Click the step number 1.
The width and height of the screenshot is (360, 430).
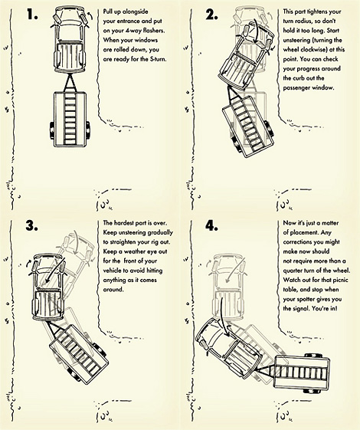[x=31, y=15]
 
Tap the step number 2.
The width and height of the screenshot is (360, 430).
[x=211, y=15]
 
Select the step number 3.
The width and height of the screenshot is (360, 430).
[x=32, y=225]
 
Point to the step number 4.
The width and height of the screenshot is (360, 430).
[x=211, y=225]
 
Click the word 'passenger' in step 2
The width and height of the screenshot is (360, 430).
[x=296, y=88]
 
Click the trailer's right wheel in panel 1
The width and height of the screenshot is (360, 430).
[x=88, y=130]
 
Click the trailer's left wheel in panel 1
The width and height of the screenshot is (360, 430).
[x=52, y=130]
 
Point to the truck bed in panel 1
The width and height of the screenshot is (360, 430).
[x=69, y=56]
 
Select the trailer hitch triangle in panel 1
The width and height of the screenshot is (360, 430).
[x=70, y=83]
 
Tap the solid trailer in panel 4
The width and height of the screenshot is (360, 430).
[x=301, y=373]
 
